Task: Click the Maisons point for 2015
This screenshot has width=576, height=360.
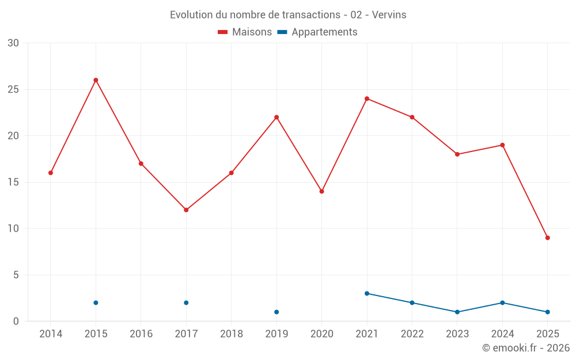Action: coord(96,80)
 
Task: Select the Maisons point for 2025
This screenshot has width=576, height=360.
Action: coord(547,238)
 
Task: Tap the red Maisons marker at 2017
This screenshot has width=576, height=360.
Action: coord(186,210)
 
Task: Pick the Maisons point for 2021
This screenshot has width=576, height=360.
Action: coord(367,98)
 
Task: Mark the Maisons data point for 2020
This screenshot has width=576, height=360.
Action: coord(321,191)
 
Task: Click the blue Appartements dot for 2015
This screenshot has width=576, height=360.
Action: coord(96,303)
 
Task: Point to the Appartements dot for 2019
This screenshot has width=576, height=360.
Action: coord(276,312)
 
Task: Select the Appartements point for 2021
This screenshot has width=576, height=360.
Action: coord(367,293)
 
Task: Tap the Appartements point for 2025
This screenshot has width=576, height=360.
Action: coord(547,312)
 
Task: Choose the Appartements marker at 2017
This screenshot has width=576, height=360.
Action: coord(186,303)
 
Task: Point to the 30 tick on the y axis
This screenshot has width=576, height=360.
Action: coord(13,43)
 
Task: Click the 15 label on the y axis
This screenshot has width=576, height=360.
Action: coord(13,182)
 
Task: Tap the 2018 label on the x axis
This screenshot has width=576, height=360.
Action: coord(231,334)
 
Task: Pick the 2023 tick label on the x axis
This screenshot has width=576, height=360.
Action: coord(457,334)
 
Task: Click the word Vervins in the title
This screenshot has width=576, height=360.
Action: coord(389,15)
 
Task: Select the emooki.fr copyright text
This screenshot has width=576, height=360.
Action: coord(525,348)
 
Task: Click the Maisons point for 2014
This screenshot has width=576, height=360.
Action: coord(51,173)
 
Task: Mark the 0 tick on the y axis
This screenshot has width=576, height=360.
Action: coord(16,321)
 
